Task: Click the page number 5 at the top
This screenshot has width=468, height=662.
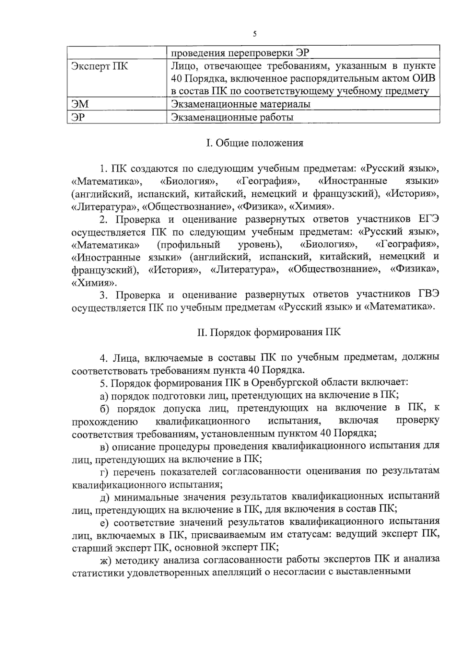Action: click(x=255, y=34)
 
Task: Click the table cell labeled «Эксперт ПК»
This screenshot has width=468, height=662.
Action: click(x=99, y=66)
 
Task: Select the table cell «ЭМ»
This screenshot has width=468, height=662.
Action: click(x=80, y=104)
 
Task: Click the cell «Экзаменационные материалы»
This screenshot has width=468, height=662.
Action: click(x=241, y=104)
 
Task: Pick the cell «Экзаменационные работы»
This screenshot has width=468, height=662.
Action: click(x=232, y=117)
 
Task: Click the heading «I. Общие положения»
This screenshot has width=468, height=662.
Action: click(x=255, y=143)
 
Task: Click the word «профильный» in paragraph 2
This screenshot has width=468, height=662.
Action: click(x=189, y=245)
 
